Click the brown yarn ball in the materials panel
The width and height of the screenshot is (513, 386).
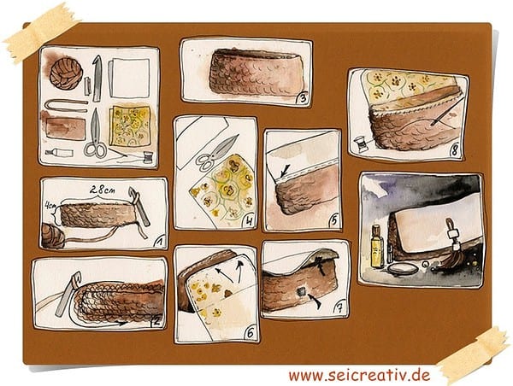pyautogui.click(x=66, y=73)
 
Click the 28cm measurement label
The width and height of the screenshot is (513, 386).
pyautogui.click(x=103, y=190)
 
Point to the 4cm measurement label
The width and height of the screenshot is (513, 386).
pyautogui.click(x=50, y=207)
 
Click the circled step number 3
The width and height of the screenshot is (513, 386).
pyautogui.click(x=303, y=98)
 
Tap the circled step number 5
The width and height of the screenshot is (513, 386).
pyautogui.click(x=333, y=221)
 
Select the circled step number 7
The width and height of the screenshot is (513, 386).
pyautogui.click(x=339, y=308)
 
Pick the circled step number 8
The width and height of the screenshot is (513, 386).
pyautogui.click(x=455, y=150)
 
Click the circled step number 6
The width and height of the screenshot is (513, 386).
pyautogui.click(x=251, y=333)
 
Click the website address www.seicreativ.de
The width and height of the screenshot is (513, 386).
pyautogui.click(x=359, y=375)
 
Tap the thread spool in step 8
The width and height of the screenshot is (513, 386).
pyautogui.click(x=361, y=144)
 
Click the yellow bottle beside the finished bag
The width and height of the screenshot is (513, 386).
pyautogui.click(x=377, y=246)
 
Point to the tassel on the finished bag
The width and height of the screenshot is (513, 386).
pyautogui.click(x=450, y=251)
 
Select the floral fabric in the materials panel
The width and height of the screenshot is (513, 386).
pyautogui.click(x=130, y=126)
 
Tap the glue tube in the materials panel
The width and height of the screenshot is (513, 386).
pyautogui.click(x=58, y=152)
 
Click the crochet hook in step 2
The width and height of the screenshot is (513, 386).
pyautogui.click(x=68, y=294)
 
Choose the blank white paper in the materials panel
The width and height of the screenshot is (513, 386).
pyautogui.click(x=129, y=78)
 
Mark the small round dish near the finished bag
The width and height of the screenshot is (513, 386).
pyautogui.click(x=403, y=269)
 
